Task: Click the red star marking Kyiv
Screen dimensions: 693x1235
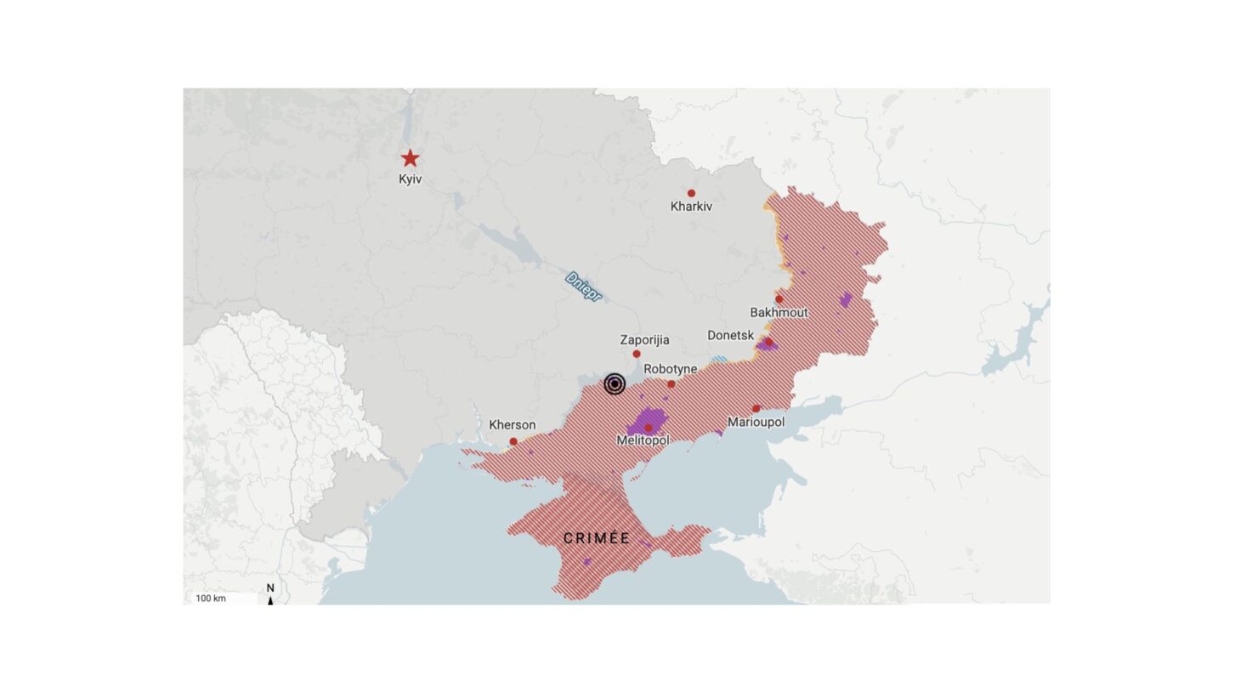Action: [x=410, y=158]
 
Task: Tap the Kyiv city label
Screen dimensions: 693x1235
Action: [x=410, y=179]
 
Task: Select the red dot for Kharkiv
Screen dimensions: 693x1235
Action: [x=691, y=194]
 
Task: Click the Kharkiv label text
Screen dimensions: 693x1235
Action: [x=691, y=207]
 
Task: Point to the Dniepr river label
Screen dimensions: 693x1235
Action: [x=583, y=287]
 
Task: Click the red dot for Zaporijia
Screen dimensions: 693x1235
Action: [x=637, y=354]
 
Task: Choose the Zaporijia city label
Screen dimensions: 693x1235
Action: [x=644, y=340]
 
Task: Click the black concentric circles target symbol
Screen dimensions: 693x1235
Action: [x=615, y=384]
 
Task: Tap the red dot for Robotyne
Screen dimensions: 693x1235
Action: [x=671, y=384]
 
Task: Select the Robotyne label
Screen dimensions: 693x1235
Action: [x=671, y=369]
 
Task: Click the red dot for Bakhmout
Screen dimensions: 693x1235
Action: [x=779, y=299]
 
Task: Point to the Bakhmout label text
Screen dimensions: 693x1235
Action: [x=779, y=313]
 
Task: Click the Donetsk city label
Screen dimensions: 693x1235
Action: [x=731, y=336]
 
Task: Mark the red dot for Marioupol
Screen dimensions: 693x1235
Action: [x=756, y=409]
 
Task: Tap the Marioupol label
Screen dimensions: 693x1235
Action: [x=756, y=423]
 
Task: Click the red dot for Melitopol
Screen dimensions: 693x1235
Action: [x=649, y=428]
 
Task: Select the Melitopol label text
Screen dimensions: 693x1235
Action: [x=643, y=440]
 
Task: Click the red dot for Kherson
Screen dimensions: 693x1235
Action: [x=513, y=441]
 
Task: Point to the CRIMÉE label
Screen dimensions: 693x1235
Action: [x=597, y=538]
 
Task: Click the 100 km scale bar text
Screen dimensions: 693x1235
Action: [x=211, y=599]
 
